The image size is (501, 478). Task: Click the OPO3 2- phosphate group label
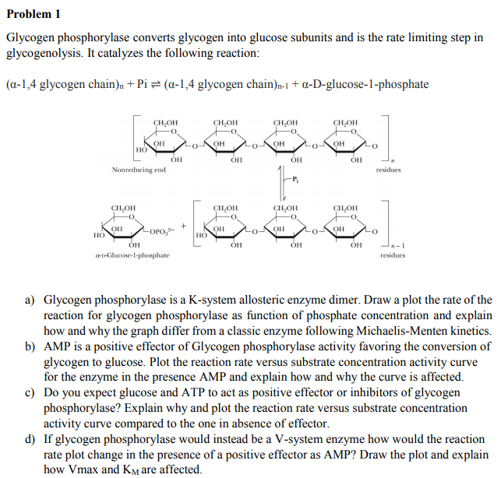click(x=162, y=230)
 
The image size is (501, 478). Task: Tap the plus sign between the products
click(x=184, y=224)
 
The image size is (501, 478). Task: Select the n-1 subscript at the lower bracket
click(x=392, y=244)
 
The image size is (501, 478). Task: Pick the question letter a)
click(x=30, y=300)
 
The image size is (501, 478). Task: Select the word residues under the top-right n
click(x=388, y=170)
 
